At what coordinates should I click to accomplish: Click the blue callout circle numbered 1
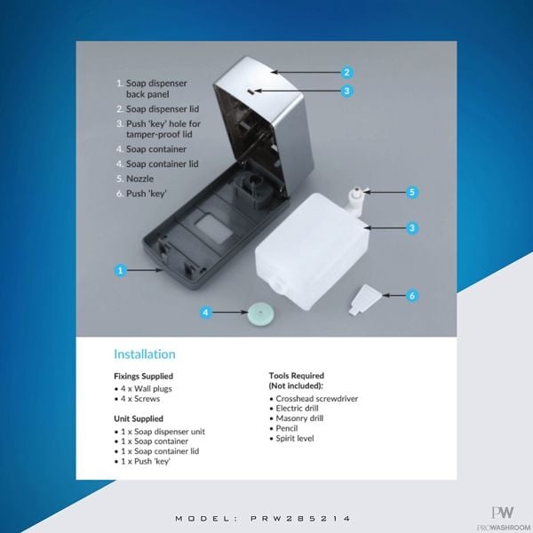click(120, 271)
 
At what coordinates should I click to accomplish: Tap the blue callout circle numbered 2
click(346, 72)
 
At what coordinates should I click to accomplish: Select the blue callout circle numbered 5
click(412, 192)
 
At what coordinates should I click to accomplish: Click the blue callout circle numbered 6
click(412, 296)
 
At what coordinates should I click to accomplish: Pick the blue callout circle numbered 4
click(206, 312)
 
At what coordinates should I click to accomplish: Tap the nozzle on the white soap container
click(356, 201)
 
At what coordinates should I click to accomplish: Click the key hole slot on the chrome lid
click(251, 91)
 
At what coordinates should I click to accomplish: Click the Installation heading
click(145, 354)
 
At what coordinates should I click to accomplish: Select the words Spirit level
click(295, 438)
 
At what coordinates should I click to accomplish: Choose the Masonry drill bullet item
click(297, 418)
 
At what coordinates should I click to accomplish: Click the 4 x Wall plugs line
click(143, 388)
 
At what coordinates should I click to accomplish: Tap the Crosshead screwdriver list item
click(314, 398)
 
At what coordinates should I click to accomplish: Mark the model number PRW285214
click(300, 519)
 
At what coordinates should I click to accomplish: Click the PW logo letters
click(503, 513)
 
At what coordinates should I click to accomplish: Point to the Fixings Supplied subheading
click(143, 376)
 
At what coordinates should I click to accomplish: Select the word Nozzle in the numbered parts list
click(139, 179)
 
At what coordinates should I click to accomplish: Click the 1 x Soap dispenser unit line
click(160, 432)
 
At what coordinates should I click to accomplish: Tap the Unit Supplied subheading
click(139, 418)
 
